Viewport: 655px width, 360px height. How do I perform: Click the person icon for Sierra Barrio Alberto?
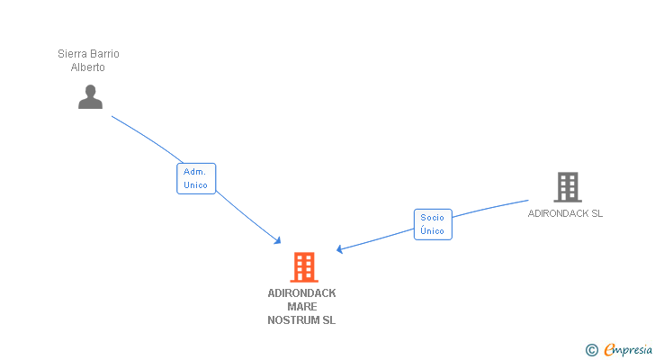[x=90, y=96]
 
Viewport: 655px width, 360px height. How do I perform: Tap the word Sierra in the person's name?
[x=73, y=54]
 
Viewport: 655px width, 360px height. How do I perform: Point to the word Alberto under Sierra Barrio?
[x=88, y=67]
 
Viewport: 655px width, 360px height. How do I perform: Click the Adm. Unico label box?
[x=196, y=178]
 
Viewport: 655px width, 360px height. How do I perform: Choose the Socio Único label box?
[x=433, y=224]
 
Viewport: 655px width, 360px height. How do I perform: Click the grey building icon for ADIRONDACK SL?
[x=567, y=187]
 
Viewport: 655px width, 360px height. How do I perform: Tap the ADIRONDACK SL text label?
[x=565, y=214]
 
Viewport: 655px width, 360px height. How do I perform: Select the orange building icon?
[x=304, y=267]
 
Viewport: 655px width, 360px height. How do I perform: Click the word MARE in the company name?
[x=301, y=307]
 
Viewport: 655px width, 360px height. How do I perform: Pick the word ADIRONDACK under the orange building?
[x=301, y=293]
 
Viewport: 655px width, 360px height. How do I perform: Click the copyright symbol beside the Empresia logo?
[x=591, y=350]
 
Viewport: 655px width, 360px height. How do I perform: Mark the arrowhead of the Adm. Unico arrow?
[x=279, y=240]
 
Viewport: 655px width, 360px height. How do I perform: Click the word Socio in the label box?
[x=433, y=218]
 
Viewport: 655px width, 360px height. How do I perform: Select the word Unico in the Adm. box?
[x=196, y=185]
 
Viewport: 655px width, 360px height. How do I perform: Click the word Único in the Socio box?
[x=433, y=231]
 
